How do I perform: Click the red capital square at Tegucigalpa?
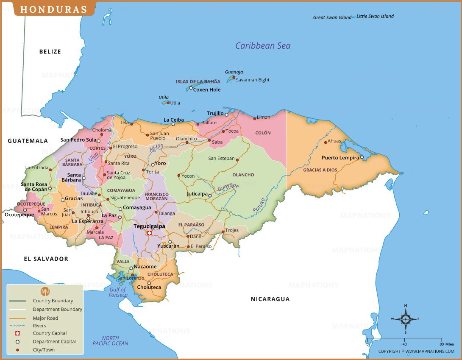pos(149,233)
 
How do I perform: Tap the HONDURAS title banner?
pos(54,9)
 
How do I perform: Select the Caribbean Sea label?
pos(263,46)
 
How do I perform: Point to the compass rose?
pos(406,319)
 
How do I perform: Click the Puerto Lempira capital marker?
pos(362,157)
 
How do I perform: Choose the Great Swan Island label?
pos(332,17)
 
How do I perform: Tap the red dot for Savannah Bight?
pos(234,77)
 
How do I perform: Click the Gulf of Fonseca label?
pos(118,292)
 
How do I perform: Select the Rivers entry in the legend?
pos(40,326)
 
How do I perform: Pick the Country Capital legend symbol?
pos(17,333)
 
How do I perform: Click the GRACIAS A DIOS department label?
pos(320,170)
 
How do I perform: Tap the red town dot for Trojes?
pos(223,232)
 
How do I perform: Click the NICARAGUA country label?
pos(270,299)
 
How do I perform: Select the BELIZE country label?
pos(50,52)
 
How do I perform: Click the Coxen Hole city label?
pos(207,89)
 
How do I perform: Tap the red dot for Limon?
pos(255,118)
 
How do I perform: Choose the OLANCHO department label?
pos(243,175)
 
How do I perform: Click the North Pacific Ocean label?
pos(110,340)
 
